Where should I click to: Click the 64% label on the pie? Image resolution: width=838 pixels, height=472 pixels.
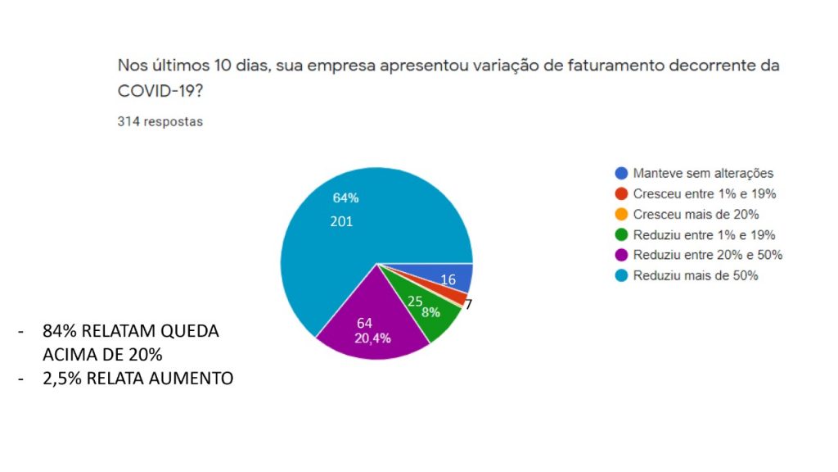345,197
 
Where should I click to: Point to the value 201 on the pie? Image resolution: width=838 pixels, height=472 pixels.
341,221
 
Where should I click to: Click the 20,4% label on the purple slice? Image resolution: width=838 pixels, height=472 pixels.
372,338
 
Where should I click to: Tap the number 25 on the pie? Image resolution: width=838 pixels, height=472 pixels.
415,301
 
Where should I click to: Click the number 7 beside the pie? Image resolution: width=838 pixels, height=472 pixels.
468,304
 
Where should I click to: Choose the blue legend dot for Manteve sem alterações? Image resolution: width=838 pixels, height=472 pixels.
621,173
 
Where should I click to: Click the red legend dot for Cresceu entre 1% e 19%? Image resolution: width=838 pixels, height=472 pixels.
621,194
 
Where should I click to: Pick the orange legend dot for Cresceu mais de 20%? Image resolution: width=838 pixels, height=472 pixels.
621,215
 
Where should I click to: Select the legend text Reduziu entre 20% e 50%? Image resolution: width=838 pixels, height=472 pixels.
708,255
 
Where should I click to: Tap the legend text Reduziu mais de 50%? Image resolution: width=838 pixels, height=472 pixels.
696,275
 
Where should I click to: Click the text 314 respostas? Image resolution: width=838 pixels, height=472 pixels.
160,122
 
